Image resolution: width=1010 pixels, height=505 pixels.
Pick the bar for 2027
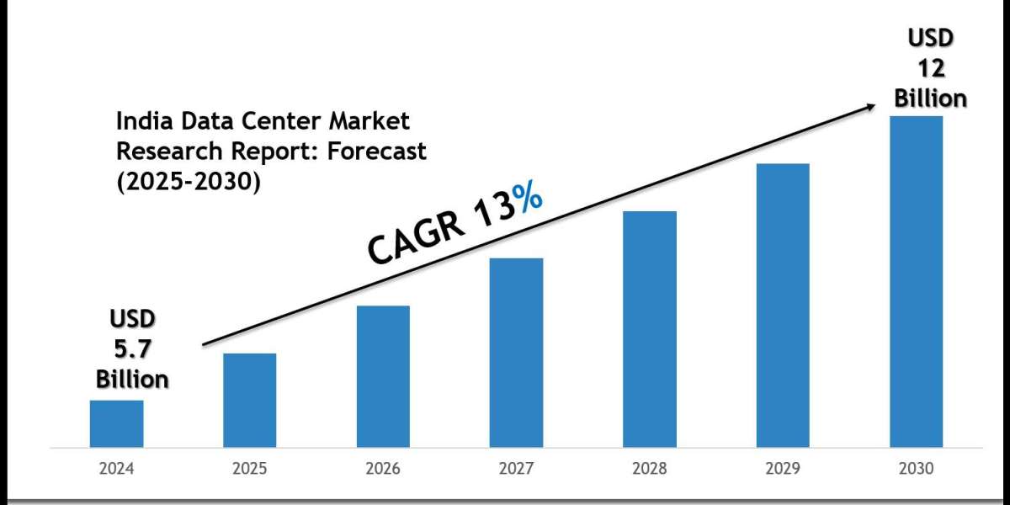516,352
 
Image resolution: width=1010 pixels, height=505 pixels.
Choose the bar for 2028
650,328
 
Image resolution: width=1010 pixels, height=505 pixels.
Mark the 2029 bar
783,305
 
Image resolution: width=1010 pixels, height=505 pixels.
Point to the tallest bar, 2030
916,281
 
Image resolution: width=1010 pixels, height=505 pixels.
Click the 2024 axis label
116,469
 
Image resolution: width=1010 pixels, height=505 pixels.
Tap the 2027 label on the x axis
516,469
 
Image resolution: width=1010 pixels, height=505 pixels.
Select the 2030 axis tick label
916,469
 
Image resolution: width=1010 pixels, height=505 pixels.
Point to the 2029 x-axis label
783,469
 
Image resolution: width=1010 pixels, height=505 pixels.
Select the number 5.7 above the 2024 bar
132,348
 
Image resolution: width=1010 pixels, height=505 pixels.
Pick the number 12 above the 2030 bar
930,69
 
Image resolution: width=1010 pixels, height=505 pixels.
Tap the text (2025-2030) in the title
187,181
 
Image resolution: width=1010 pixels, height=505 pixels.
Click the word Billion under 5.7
132,379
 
